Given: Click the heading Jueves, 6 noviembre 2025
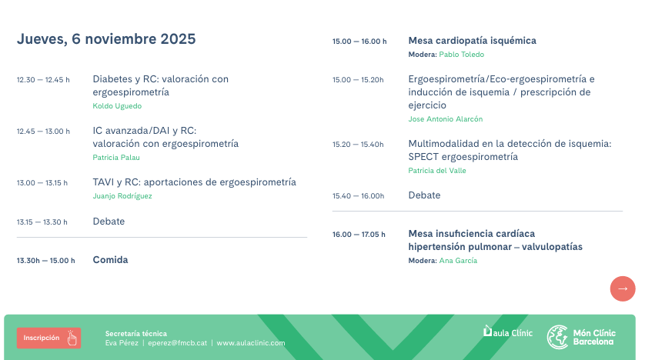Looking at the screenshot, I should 106,39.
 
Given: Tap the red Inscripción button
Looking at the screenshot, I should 48,338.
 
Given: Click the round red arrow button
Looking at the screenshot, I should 622,288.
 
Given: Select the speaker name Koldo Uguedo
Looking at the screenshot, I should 117,106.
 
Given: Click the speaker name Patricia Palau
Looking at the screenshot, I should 116,158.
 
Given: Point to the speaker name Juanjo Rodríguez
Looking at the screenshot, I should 122,196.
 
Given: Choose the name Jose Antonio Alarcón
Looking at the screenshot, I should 446,119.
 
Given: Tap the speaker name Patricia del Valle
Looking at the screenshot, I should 437,171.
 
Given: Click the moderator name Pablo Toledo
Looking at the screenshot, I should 462,55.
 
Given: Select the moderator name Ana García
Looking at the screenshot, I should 458,261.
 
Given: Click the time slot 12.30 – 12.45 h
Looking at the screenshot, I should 43,80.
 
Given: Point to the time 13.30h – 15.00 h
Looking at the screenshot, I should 46,261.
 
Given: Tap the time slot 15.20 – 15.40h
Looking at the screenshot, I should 358,145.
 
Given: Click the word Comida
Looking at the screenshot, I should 110,260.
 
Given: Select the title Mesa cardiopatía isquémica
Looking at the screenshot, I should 472,41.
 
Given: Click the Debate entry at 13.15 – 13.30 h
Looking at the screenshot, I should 109,222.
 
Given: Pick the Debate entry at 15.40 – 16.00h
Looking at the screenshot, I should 424,195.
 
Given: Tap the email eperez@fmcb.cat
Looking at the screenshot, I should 178,343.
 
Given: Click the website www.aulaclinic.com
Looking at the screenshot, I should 251,343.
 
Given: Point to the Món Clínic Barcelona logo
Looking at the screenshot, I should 581,337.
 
